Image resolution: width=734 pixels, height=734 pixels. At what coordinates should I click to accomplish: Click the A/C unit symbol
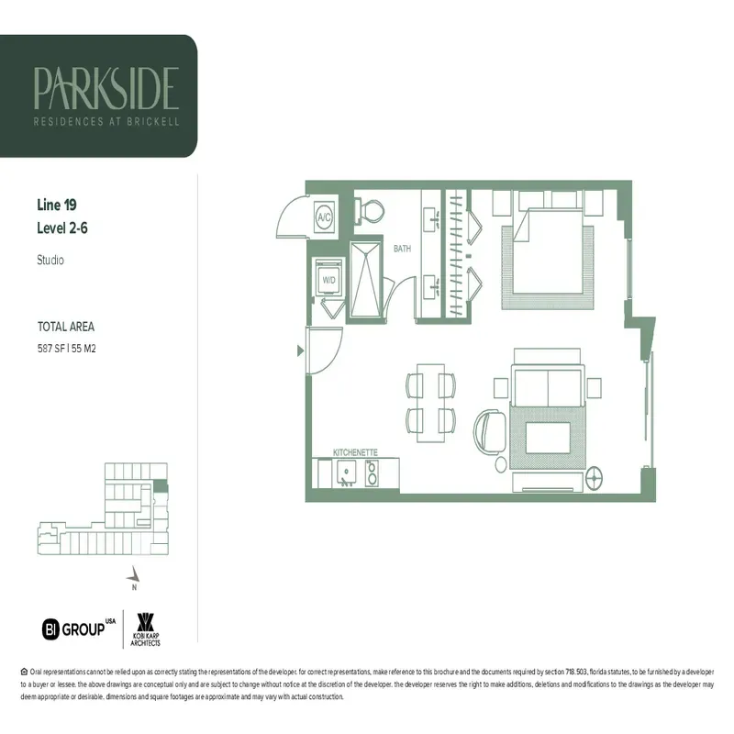323,218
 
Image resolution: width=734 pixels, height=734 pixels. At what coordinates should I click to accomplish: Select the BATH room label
402,249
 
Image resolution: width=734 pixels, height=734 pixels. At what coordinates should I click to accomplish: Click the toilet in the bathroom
370,212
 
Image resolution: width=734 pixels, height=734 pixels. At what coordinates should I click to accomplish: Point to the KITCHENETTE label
355,452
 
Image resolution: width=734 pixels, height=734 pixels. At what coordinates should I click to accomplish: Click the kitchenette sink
348,473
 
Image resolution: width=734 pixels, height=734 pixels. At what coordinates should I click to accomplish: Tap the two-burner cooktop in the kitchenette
373,473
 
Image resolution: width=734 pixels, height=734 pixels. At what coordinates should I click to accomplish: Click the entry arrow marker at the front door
299,350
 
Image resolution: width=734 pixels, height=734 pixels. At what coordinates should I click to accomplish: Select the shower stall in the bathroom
369,280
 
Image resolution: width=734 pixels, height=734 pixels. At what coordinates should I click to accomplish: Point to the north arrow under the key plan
134,573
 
